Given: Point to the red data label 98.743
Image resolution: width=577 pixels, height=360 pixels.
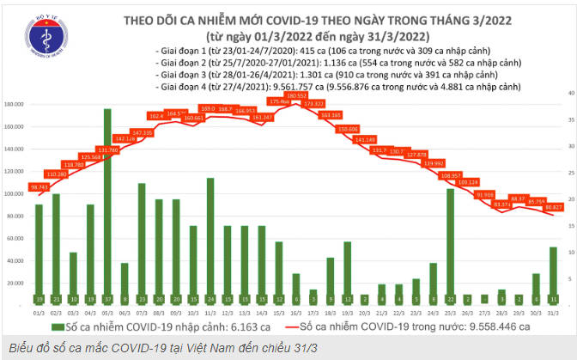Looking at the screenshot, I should [39, 186].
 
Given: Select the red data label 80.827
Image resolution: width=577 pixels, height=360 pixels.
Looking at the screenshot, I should [552, 207].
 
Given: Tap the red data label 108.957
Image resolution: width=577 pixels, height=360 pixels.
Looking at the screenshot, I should [450, 175].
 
